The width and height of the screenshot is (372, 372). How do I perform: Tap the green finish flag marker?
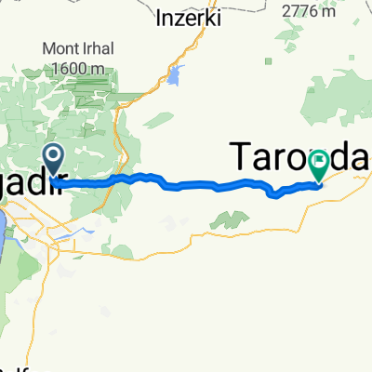pos(318,165)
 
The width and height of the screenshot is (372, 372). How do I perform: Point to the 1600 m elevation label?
pos(76,68)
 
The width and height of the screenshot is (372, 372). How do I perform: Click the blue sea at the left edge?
pos(5,232)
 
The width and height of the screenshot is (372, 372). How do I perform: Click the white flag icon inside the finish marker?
pos(318,160)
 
